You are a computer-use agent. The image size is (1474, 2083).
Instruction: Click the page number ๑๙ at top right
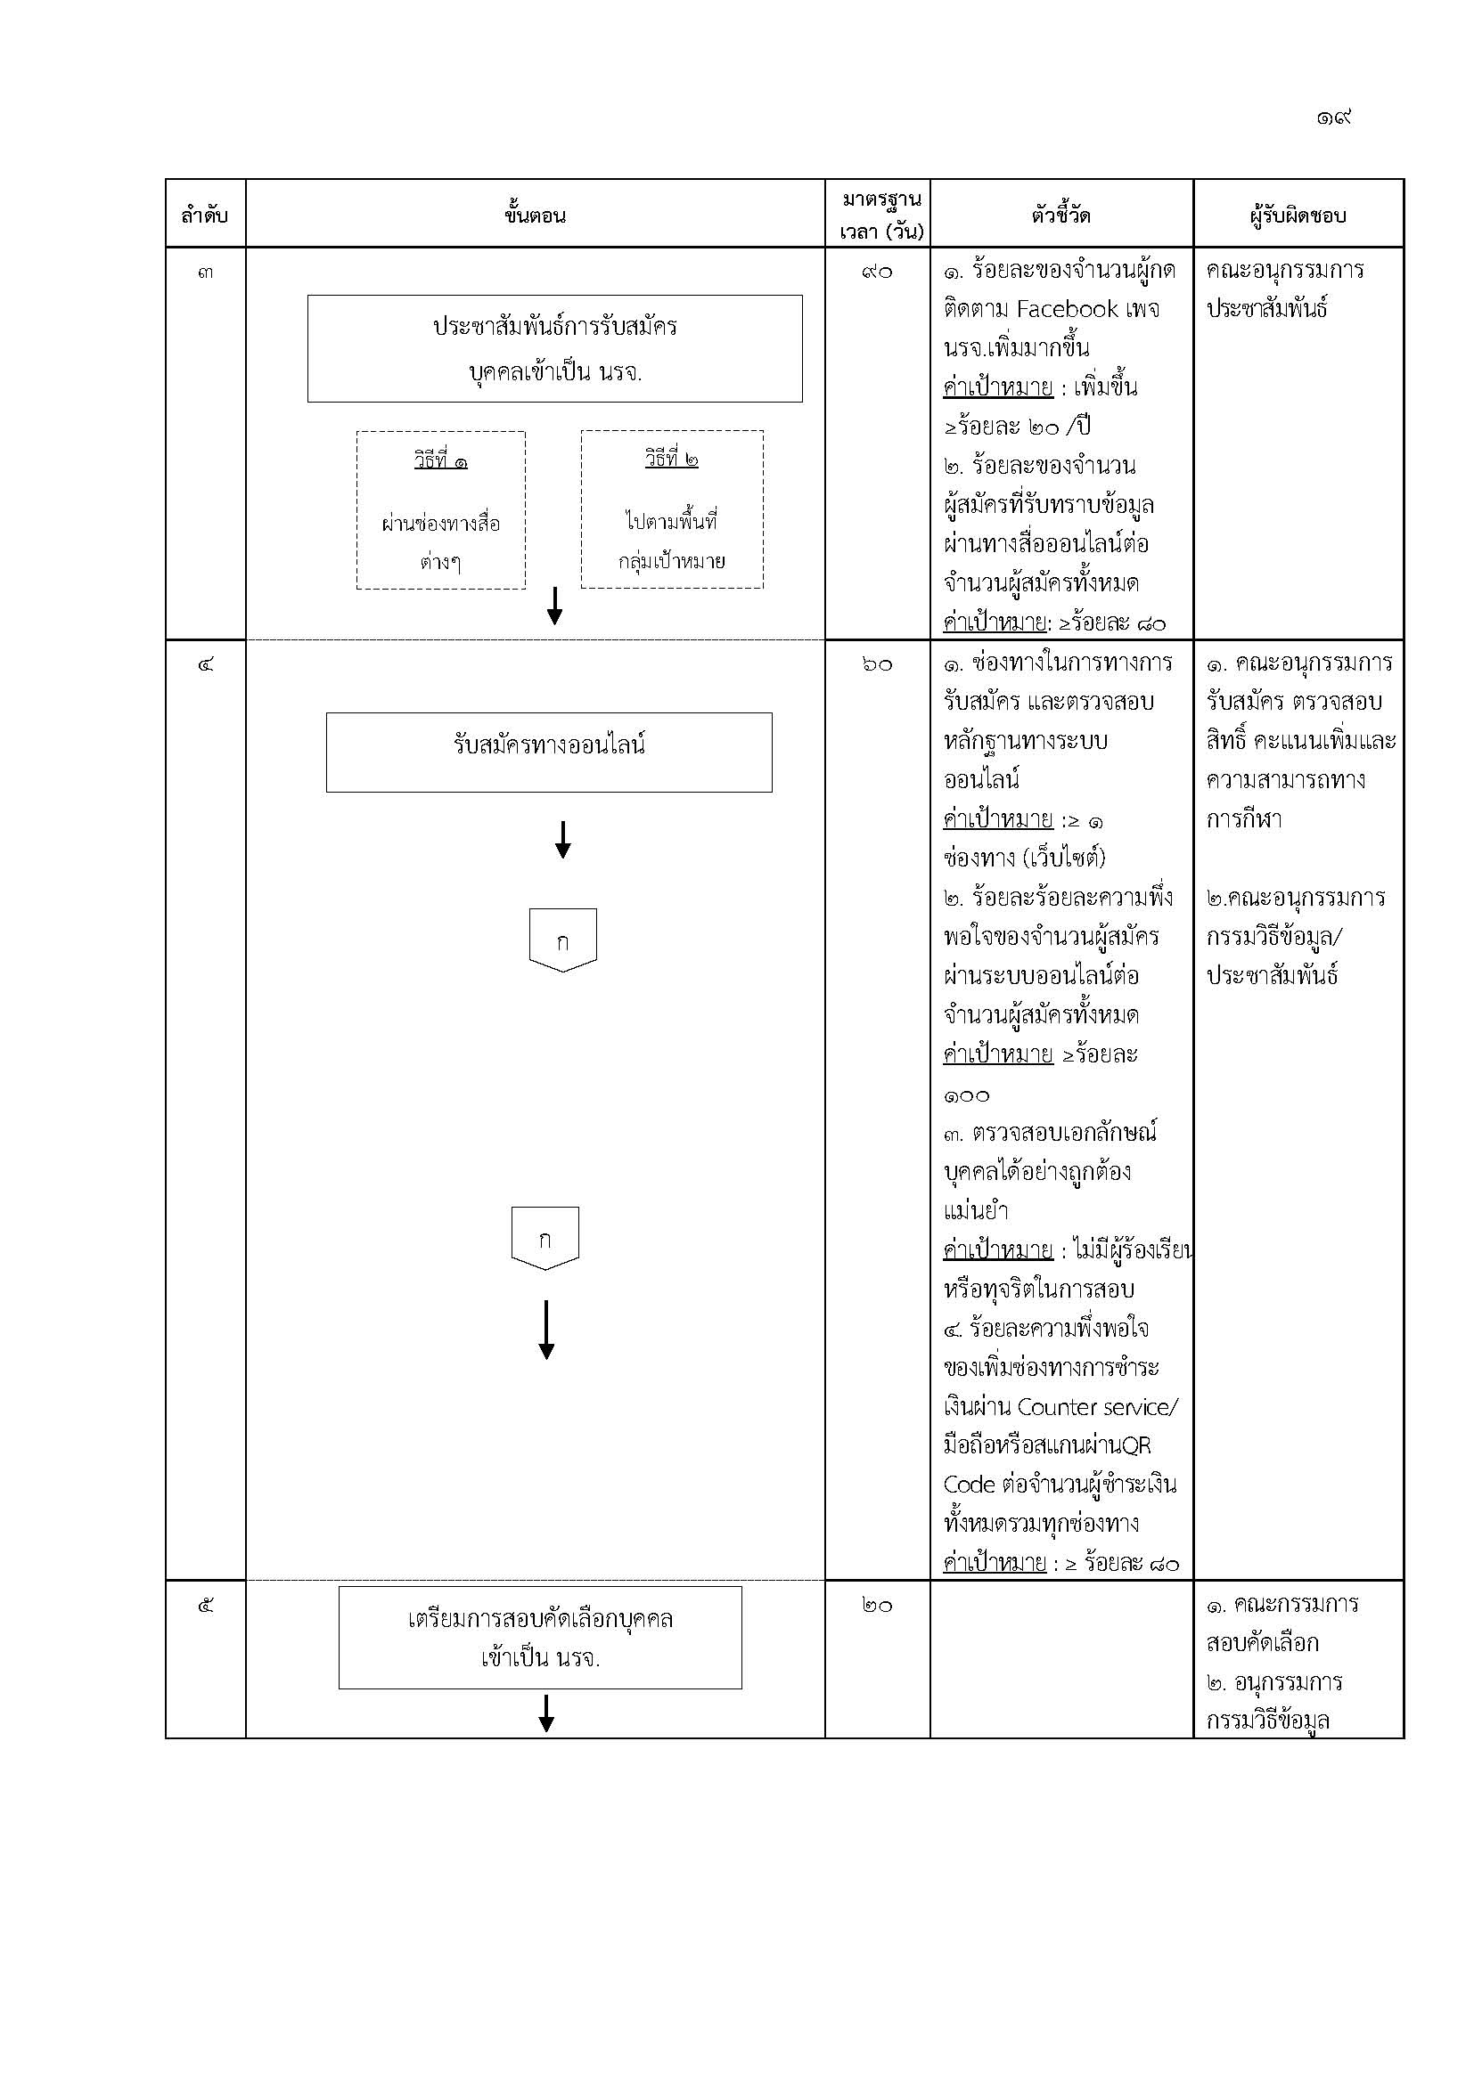[1333, 117]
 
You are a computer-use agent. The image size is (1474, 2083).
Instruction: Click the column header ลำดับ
[204, 216]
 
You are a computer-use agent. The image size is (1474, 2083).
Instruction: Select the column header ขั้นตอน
[535, 215]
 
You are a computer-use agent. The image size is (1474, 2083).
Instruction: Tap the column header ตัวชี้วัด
[1061, 215]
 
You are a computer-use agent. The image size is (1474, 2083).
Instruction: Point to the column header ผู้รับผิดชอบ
[1297, 216]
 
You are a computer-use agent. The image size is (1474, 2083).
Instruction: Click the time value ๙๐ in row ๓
[877, 273]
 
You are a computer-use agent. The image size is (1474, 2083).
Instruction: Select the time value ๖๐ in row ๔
[877, 665]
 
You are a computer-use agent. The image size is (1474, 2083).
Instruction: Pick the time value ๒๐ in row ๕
[877, 1606]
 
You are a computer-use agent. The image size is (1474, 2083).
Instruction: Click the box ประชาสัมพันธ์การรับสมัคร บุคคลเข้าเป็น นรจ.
[554, 348]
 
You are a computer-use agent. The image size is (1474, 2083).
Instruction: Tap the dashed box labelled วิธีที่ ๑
[441, 510]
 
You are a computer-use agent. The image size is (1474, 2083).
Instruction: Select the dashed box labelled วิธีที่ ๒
[672, 509]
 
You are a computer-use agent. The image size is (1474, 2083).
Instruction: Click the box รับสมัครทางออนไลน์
[549, 753]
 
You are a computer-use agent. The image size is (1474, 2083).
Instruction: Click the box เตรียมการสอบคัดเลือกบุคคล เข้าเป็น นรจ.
[540, 1638]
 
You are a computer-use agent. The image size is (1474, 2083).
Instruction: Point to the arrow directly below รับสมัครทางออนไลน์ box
[562, 839]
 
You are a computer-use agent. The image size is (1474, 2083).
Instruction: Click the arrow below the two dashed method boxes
[554, 605]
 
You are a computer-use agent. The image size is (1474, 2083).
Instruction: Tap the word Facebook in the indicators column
[1068, 309]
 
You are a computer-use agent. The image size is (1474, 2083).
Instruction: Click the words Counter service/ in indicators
[1098, 1407]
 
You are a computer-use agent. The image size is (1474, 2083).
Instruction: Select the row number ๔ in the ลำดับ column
[205, 665]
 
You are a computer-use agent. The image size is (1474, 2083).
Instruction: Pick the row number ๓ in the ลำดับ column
[205, 273]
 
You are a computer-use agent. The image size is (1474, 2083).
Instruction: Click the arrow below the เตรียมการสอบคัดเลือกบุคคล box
[546, 1713]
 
